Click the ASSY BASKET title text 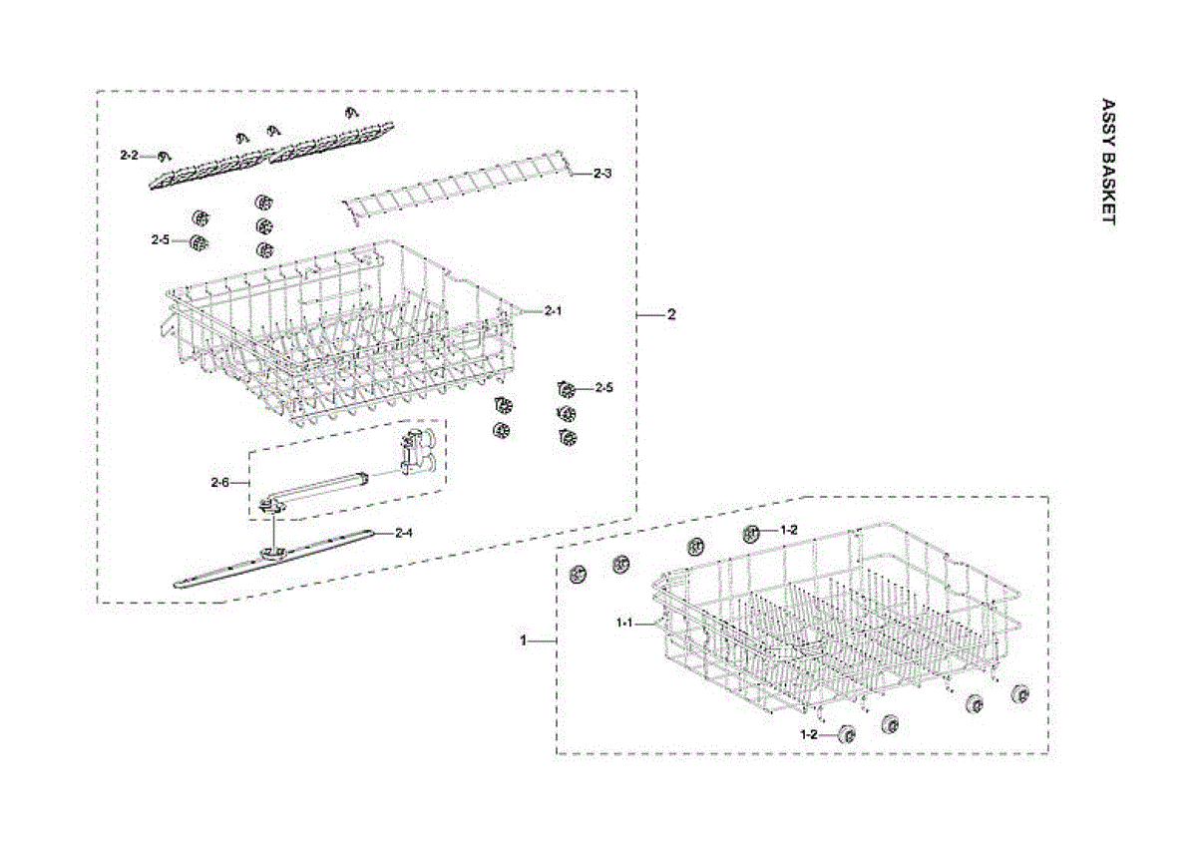click(x=1106, y=162)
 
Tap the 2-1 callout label click(x=554, y=311)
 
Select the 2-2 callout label click(x=130, y=156)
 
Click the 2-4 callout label click(x=403, y=533)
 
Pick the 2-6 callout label click(x=220, y=483)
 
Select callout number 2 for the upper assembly click(x=671, y=314)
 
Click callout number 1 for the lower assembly click(x=522, y=639)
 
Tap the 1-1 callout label click(x=625, y=622)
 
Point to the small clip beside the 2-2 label click(x=165, y=155)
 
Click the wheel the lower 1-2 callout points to click(x=847, y=734)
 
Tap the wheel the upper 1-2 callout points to click(x=753, y=533)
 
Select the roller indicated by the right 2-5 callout click(x=568, y=389)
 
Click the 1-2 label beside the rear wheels click(x=788, y=530)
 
